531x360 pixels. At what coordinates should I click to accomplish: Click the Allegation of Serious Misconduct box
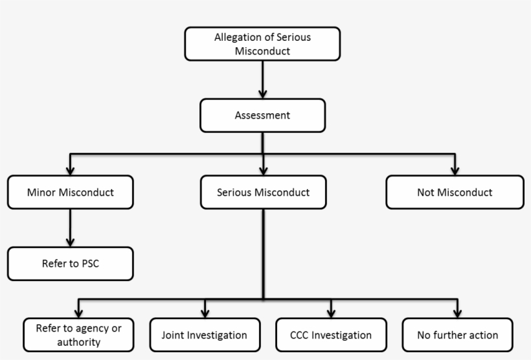(x=262, y=43)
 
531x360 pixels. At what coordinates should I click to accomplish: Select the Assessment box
(x=262, y=116)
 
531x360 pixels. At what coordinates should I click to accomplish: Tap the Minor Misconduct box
(x=70, y=192)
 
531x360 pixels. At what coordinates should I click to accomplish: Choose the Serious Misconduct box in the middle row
(x=262, y=192)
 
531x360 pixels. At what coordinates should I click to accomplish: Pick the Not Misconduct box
(x=455, y=192)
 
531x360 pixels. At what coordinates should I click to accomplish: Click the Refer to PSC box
(x=70, y=264)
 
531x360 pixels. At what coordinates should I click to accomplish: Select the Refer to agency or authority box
(x=78, y=335)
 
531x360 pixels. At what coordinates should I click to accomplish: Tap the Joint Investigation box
(x=205, y=335)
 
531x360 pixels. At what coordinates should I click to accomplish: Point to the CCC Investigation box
(x=331, y=335)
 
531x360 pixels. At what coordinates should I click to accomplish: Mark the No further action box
(x=457, y=335)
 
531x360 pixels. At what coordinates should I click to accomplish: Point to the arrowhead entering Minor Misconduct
(x=70, y=170)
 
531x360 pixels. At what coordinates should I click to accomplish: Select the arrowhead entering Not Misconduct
(x=455, y=170)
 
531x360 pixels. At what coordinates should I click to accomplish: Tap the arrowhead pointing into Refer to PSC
(x=70, y=241)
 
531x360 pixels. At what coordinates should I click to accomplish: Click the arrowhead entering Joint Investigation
(x=205, y=312)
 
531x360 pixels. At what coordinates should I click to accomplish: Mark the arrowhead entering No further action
(x=457, y=312)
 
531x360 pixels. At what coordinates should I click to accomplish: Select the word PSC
(x=91, y=264)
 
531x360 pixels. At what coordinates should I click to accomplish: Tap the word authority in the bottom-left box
(x=78, y=342)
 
